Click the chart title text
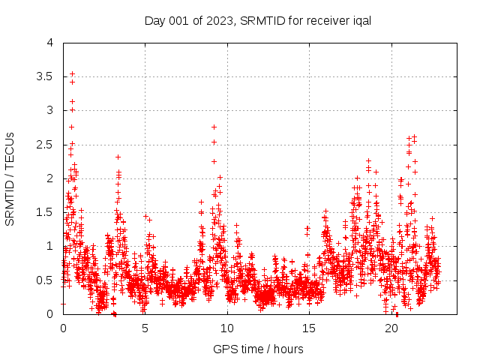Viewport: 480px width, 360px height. pyautogui.click(x=257, y=21)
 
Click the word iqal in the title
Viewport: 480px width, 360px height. pyautogui.click(x=360, y=21)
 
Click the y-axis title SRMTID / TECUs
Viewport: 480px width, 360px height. pyautogui.click(x=10, y=178)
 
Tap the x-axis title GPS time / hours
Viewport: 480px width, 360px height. pyautogui.click(x=258, y=349)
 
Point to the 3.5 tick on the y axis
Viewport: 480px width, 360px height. pyautogui.click(x=47, y=76)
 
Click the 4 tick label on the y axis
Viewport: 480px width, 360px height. pyautogui.click(x=50, y=43)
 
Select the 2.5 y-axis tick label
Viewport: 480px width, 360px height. pyautogui.click(x=47, y=144)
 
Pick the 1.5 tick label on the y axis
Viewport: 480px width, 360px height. pyautogui.click(x=47, y=212)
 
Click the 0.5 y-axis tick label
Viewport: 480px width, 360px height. pyautogui.click(x=47, y=280)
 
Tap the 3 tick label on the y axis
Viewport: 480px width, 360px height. pyautogui.click(x=50, y=110)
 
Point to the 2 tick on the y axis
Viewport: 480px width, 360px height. pyautogui.click(x=50, y=178)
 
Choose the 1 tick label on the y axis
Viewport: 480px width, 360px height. pyautogui.click(x=50, y=246)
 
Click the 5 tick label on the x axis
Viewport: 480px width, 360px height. pyautogui.click(x=145, y=328)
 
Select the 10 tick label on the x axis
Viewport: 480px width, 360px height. pyautogui.click(x=227, y=328)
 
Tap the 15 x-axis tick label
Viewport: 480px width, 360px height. pyautogui.click(x=309, y=328)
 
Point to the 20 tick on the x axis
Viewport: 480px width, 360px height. pyautogui.click(x=391, y=328)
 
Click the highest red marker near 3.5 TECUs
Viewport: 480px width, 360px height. pyautogui.click(x=72, y=73)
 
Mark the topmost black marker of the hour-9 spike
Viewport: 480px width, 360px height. pyautogui.click(x=214, y=127)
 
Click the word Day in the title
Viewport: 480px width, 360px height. pyautogui.click(x=154, y=21)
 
